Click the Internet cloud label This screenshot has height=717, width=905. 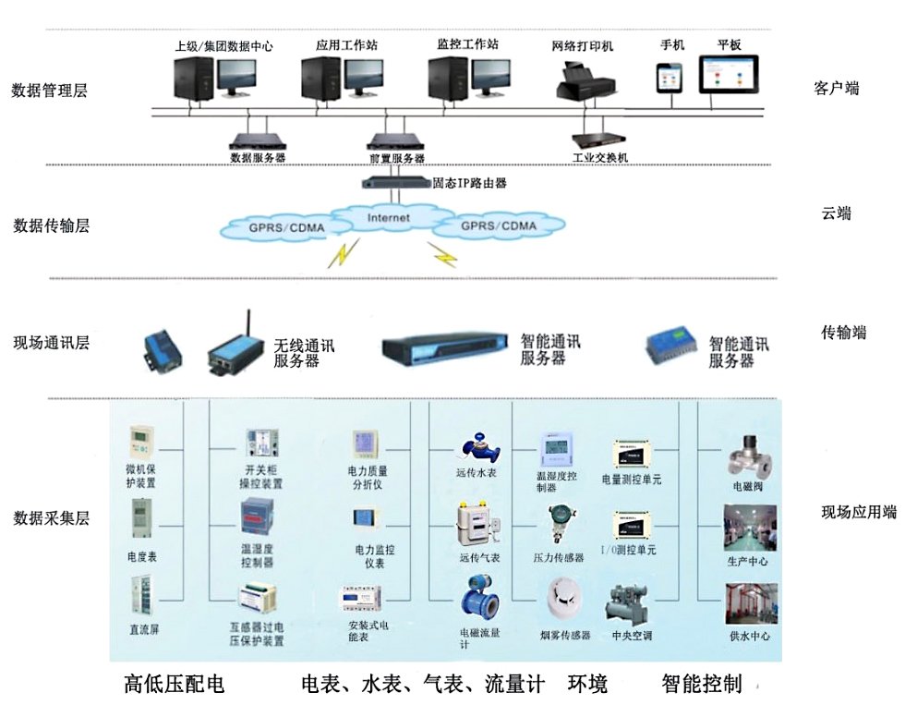coord(388,218)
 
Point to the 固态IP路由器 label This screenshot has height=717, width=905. coord(470,183)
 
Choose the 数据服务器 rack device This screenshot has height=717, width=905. coord(258,140)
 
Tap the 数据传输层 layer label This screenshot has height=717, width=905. coord(52,225)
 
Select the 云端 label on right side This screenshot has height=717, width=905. coord(836,213)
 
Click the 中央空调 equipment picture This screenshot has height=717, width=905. coord(631,604)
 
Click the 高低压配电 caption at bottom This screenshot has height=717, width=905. coord(175,685)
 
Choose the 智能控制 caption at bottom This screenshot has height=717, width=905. coord(702,685)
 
